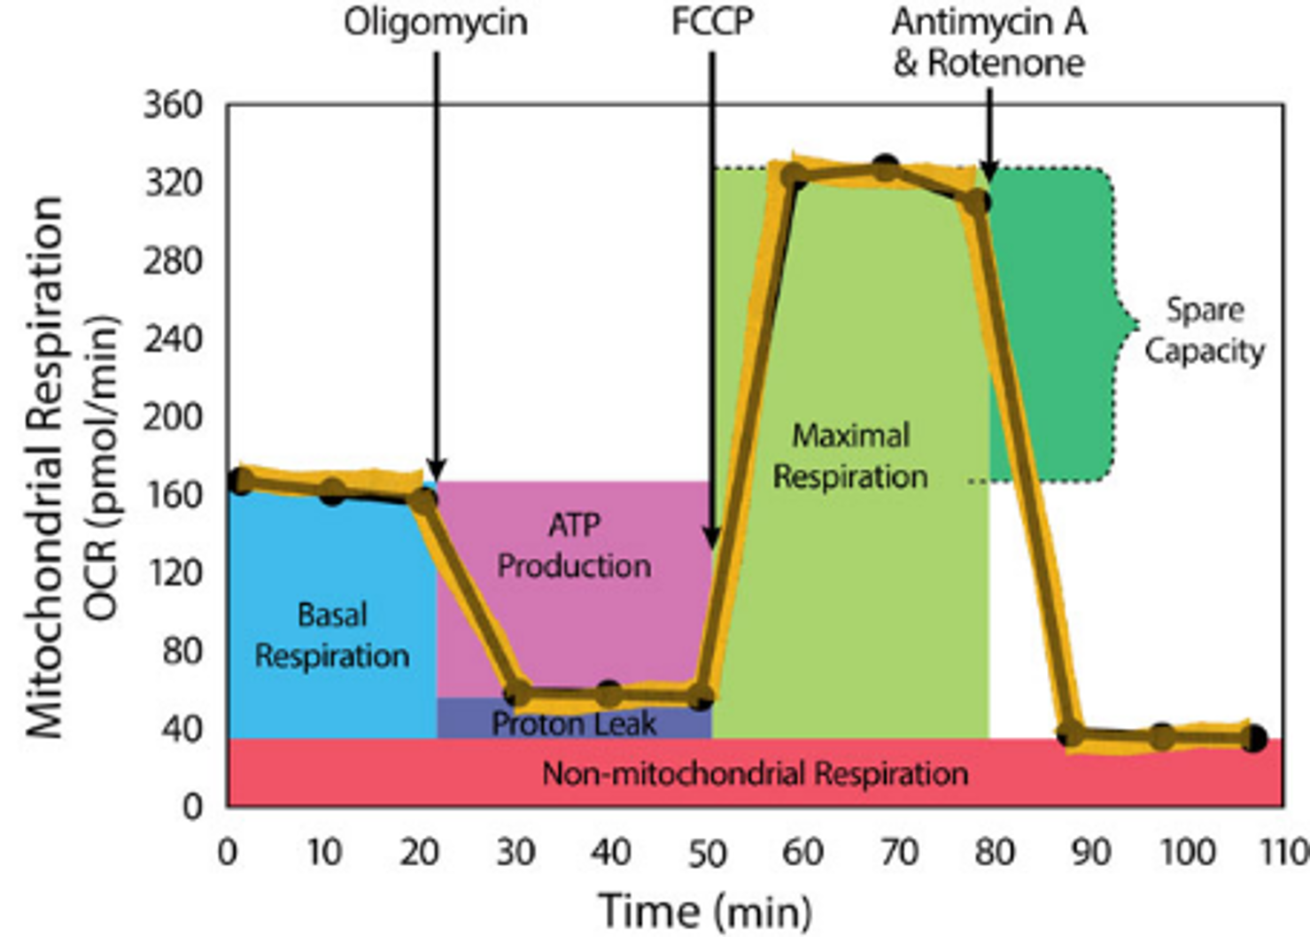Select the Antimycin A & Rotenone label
pyautogui.click(x=988, y=43)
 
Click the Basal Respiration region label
pyautogui.click(x=332, y=635)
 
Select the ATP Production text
pyautogui.click(x=574, y=545)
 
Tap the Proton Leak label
pyautogui.click(x=574, y=724)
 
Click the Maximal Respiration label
pyautogui.click(x=850, y=455)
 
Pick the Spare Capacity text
pyautogui.click(x=1204, y=330)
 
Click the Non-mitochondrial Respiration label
pyautogui.click(x=755, y=773)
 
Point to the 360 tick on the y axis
pyautogui.click(x=173, y=105)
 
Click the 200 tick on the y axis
pyautogui.click(x=173, y=416)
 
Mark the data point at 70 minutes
pyautogui.click(x=885, y=166)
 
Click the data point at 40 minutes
pyautogui.click(x=608, y=693)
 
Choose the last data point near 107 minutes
pyautogui.click(x=1252, y=738)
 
